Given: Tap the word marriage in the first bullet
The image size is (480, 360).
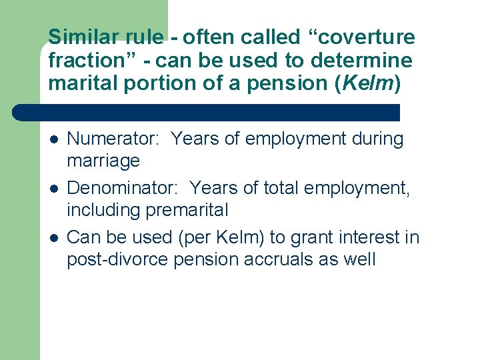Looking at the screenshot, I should tap(103, 161).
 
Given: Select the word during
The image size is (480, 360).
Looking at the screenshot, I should tap(379, 139).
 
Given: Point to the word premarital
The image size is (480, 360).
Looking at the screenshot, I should tap(187, 211).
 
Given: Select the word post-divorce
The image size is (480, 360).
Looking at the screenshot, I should tap(117, 259).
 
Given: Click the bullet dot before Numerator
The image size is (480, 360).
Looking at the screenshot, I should tap(54, 140).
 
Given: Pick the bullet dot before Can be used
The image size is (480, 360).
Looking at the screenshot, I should tap(54, 238).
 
